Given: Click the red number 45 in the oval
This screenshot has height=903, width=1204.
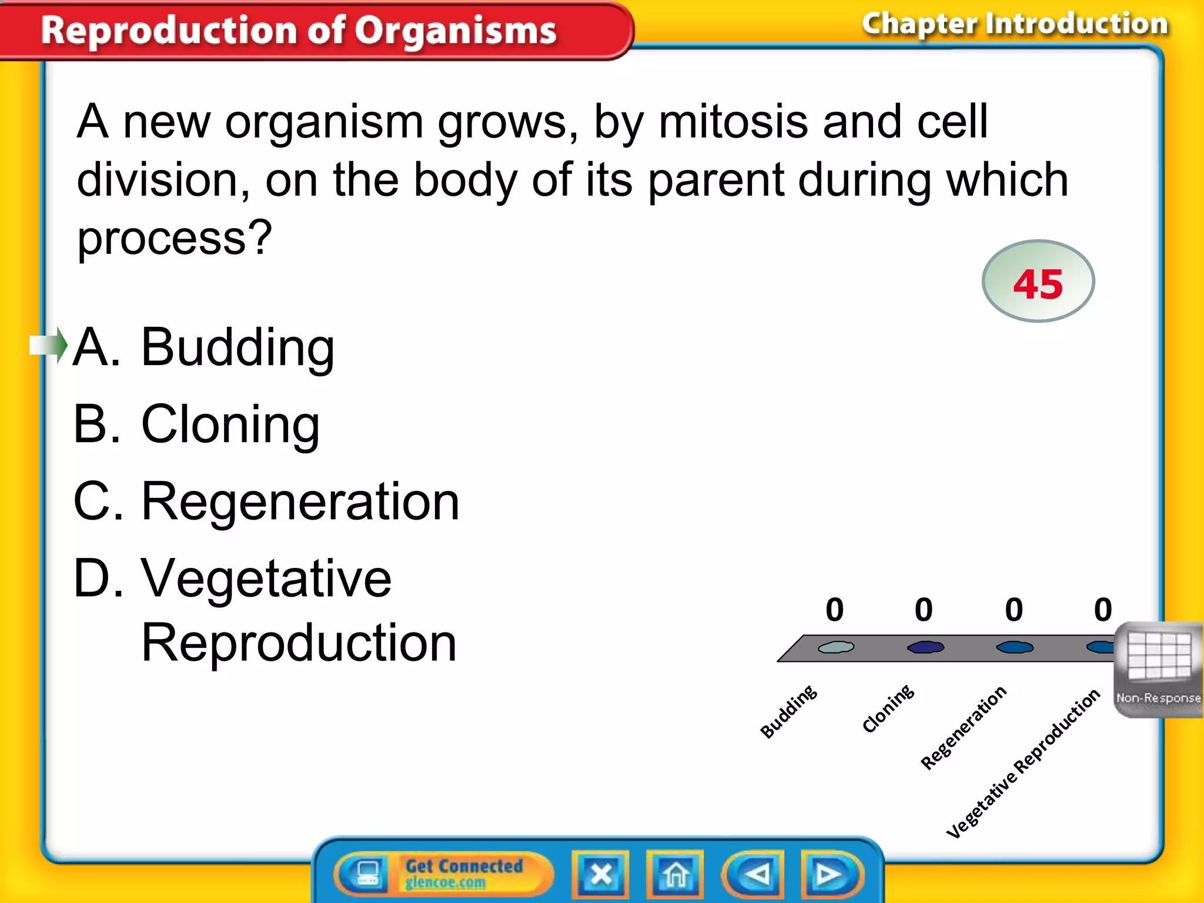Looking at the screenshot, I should point(1038,284).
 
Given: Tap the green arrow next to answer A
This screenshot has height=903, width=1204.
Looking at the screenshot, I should point(49,345).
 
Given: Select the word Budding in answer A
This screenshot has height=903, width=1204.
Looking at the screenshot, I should point(238,347).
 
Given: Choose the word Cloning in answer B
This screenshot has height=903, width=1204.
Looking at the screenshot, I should point(230,424).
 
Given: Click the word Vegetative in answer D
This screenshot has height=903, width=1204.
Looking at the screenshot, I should point(266,578).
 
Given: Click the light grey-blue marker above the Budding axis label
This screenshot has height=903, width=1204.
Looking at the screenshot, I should point(836,647).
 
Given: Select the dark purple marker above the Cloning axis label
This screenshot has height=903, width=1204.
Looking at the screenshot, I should point(925,647).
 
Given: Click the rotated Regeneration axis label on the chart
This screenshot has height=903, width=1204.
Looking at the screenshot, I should point(963,728).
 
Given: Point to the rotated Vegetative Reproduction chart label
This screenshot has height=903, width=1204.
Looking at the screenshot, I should point(1023,763).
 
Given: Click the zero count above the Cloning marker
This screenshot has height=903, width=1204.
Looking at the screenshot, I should point(924,610).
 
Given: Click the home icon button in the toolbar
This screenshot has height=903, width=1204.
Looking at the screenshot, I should point(675,875).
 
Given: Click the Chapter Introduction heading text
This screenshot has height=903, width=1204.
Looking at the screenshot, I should point(1015,25).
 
